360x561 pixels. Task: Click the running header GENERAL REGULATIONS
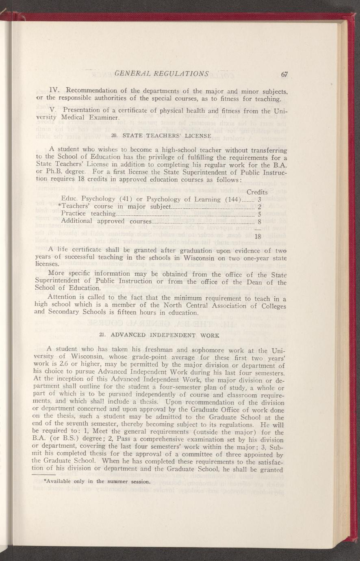tap(162, 74)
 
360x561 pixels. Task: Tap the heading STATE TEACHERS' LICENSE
tap(167, 135)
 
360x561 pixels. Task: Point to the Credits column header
tap(257, 191)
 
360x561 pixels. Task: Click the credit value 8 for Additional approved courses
tap(259, 222)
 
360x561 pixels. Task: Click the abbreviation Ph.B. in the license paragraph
tap(54, 173)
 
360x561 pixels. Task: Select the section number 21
tap(102, 335)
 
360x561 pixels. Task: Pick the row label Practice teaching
tap(87, 214)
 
